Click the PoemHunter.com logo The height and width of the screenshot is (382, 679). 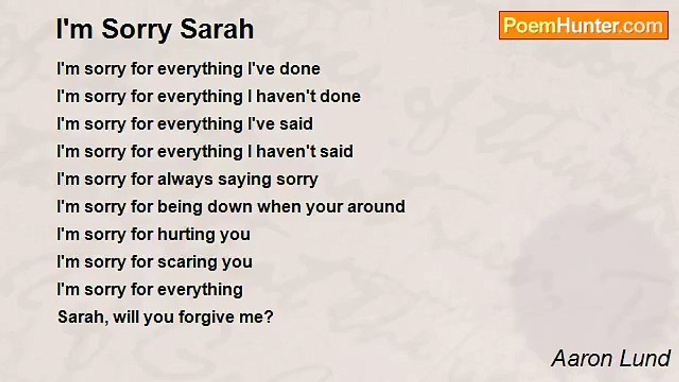(584, 25)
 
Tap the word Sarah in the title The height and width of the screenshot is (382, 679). (217, 29)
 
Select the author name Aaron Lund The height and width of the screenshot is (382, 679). (611, 359)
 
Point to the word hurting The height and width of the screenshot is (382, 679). (185, 235)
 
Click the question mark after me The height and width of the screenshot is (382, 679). (269, 317)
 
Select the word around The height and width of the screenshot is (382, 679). (376, 207)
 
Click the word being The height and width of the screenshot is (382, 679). (180, 207)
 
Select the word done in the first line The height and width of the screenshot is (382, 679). (300, 69)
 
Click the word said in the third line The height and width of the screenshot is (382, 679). (296, 124)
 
